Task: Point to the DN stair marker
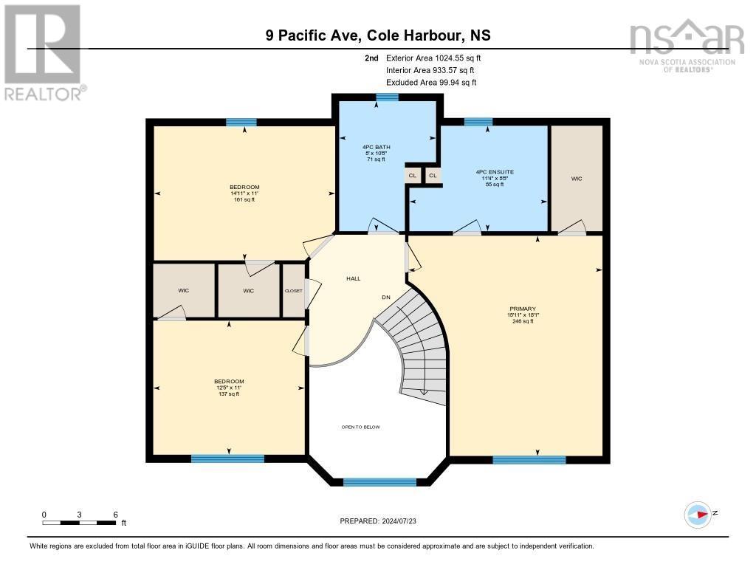[385, 297]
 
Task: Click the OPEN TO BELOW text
[360, 427]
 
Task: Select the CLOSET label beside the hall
[293, 291]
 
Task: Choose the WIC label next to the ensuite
[577, 179]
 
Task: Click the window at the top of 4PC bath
[387, 97]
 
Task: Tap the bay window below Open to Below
[379, 482]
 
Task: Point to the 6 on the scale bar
[115, 515]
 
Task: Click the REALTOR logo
[43, 52]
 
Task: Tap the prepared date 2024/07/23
[382, 521]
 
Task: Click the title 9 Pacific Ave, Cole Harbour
[378, 35]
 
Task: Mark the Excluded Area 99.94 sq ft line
[431, 83]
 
